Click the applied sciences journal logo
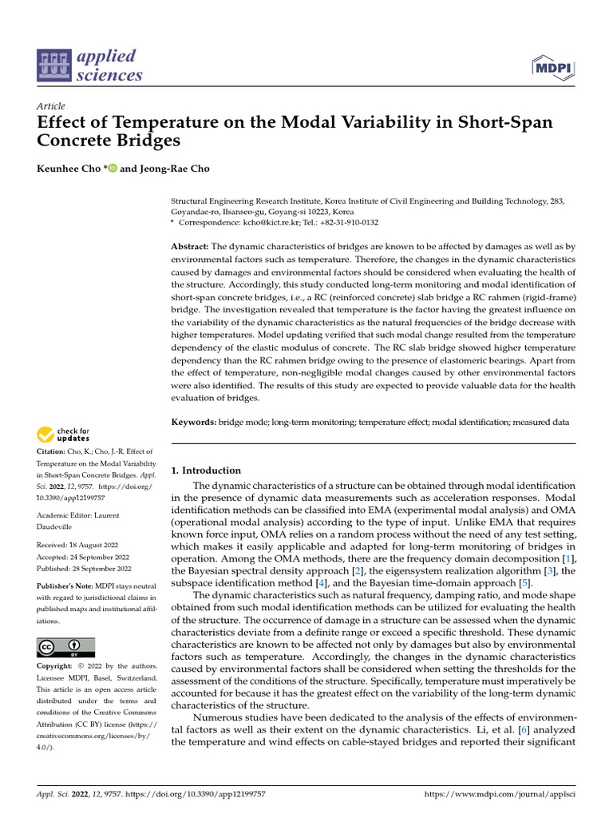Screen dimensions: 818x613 coord(90,66)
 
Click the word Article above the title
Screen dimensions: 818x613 coord(51,106)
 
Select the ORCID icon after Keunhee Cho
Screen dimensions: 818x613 coord(112,169)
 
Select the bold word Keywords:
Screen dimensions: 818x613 coord(195,422)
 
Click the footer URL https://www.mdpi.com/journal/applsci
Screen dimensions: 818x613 coord(499,796)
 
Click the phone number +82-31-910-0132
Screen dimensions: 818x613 coord(350,223)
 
